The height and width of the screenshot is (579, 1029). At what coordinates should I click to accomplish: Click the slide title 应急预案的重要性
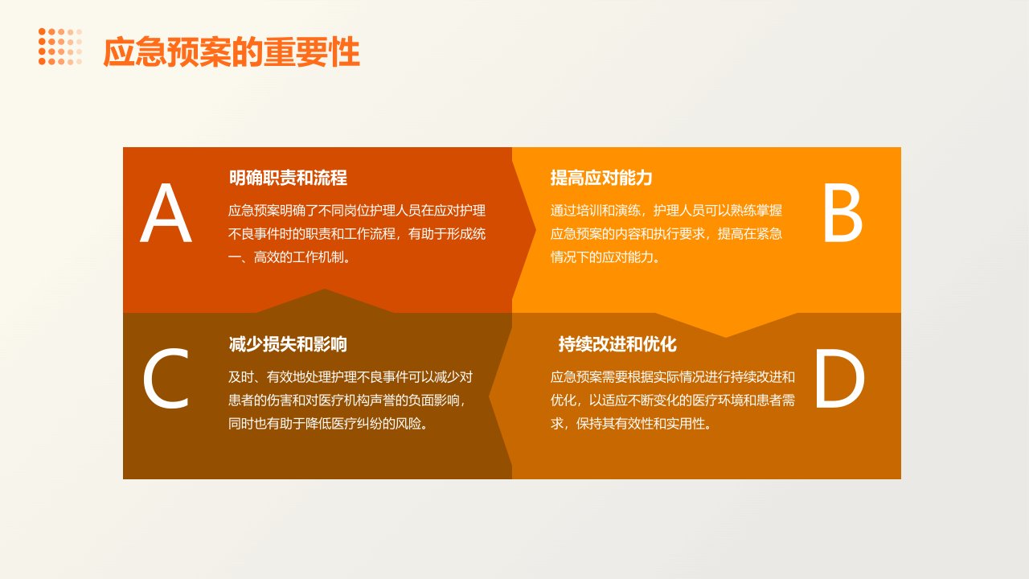[x=231, y=52]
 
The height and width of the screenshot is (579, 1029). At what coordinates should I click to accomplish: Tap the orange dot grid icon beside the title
[x=60, y=47]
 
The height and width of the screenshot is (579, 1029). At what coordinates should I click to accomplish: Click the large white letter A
[x=166, y=212]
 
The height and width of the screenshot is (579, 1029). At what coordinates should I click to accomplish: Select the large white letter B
[x=842, y=212]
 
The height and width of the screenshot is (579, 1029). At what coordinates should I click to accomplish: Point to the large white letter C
[x=166, y=378]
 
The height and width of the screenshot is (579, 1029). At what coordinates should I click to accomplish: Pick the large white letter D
[x=840, y=378]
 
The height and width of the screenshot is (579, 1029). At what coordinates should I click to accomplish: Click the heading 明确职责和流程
[x=288, y=178]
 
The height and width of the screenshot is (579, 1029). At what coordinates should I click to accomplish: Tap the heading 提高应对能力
[x=601, y=178]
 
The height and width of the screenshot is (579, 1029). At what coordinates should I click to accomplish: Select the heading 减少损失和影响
[x=288, y=344]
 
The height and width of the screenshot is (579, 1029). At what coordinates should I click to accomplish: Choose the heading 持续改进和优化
[x=617, y=344]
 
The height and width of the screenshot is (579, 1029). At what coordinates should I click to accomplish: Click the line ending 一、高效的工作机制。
[x=290, y=257]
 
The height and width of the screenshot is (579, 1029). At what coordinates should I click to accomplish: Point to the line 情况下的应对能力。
[x=605, y=257]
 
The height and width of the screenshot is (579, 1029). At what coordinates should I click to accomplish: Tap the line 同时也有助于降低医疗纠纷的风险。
[x=329, y=424]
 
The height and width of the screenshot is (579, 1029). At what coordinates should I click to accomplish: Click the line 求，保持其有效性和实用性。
[x=631, y=424]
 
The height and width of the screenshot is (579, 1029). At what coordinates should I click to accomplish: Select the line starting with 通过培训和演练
[x=666, y=211]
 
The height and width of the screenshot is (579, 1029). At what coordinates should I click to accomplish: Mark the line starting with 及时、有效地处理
[x=351, y=377]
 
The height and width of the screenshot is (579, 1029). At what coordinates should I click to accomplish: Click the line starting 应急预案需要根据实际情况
[x=673, y=377]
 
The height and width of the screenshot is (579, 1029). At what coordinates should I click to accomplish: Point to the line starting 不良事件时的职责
[x=357, y=234]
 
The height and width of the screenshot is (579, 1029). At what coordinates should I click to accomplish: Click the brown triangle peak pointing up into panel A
[x=324, y=289]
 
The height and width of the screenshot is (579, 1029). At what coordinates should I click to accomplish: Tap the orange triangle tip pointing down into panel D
[x=726, y=337]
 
